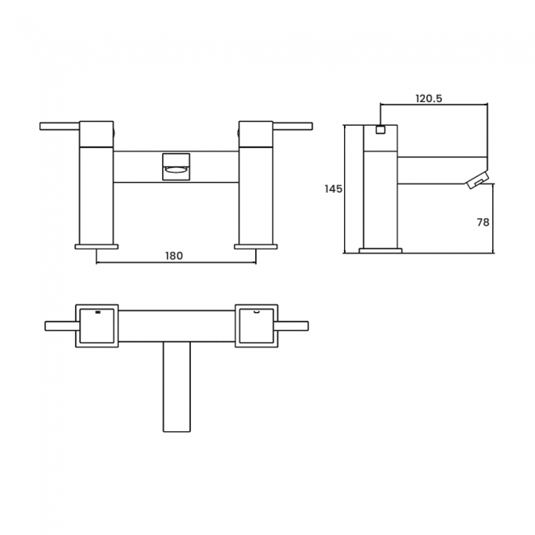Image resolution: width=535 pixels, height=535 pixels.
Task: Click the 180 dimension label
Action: coord(174,256)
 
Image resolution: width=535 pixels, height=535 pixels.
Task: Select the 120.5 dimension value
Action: coord(428,99)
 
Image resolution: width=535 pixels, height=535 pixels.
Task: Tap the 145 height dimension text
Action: coord(333,189)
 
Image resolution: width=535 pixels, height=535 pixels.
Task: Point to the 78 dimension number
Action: coord(483,222)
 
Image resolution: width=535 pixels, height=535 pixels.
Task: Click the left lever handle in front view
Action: coord(59,126)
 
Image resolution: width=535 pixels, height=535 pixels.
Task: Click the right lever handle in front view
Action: coord(292,126)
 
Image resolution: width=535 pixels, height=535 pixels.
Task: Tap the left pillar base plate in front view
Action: coord(96,246)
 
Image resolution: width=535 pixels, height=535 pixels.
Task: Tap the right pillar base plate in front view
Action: coord(255,246)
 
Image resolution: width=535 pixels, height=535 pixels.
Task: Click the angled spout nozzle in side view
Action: coord(477,181)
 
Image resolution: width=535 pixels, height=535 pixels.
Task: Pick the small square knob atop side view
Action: coord(380,129)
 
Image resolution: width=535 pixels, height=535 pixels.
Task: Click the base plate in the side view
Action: coord(380,250)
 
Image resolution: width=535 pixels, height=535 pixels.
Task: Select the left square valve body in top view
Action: coord(96,326)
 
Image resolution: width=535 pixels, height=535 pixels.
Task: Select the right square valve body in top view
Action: coord(256,326)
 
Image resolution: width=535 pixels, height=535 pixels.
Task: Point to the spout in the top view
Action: coord(176,387)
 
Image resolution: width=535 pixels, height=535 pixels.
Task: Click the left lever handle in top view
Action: coord(61,326)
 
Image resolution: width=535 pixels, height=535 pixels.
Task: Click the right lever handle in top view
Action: coord(292,326)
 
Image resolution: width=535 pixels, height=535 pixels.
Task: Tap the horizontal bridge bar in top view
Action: coord(176,326)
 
